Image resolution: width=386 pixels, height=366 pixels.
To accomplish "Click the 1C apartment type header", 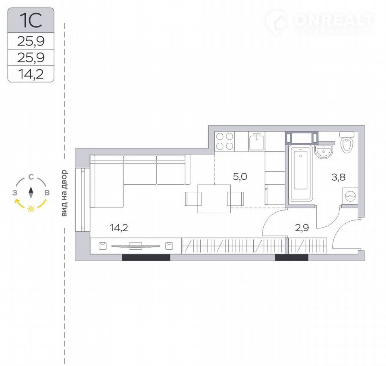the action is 31,20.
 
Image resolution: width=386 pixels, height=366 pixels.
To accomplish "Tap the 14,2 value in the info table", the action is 31,74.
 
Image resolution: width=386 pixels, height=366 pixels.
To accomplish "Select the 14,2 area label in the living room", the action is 119,228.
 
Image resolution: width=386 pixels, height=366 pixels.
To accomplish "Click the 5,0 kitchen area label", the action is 240,177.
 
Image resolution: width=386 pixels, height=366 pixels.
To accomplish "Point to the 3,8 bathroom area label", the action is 338,177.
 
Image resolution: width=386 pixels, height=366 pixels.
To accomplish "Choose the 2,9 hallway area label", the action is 302,228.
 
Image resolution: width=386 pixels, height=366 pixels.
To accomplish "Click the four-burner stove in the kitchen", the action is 225,142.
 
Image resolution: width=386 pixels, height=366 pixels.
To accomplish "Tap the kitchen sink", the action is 257,142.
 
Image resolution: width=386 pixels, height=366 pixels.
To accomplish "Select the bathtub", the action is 301,174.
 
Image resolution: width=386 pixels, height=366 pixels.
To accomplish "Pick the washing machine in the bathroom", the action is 350,196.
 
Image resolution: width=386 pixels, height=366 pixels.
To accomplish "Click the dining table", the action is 214,199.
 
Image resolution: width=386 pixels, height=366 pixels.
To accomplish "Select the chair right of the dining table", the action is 235,199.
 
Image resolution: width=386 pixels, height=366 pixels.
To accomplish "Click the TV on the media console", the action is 136,246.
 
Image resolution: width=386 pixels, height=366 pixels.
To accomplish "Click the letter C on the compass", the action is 31,177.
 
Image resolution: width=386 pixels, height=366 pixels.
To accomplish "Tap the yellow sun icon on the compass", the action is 31,209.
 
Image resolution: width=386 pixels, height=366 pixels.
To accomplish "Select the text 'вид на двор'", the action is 64,193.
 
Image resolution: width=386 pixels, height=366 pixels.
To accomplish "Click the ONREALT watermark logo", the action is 320,23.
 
